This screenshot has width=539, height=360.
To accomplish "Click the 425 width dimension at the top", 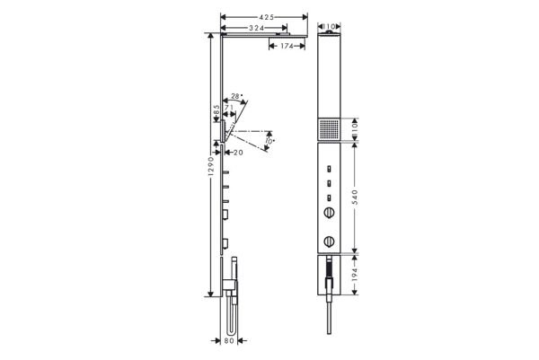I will coord(261,18).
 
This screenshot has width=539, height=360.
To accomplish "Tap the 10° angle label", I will coord(269,140).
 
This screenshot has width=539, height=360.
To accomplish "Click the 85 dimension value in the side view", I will coord(216,110).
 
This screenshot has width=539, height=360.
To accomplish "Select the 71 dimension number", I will coord(228,108).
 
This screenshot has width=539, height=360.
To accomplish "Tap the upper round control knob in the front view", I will coord(329,214).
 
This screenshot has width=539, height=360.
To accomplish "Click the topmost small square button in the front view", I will coord(330,168).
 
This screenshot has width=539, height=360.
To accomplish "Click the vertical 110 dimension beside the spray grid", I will coord(358,129).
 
